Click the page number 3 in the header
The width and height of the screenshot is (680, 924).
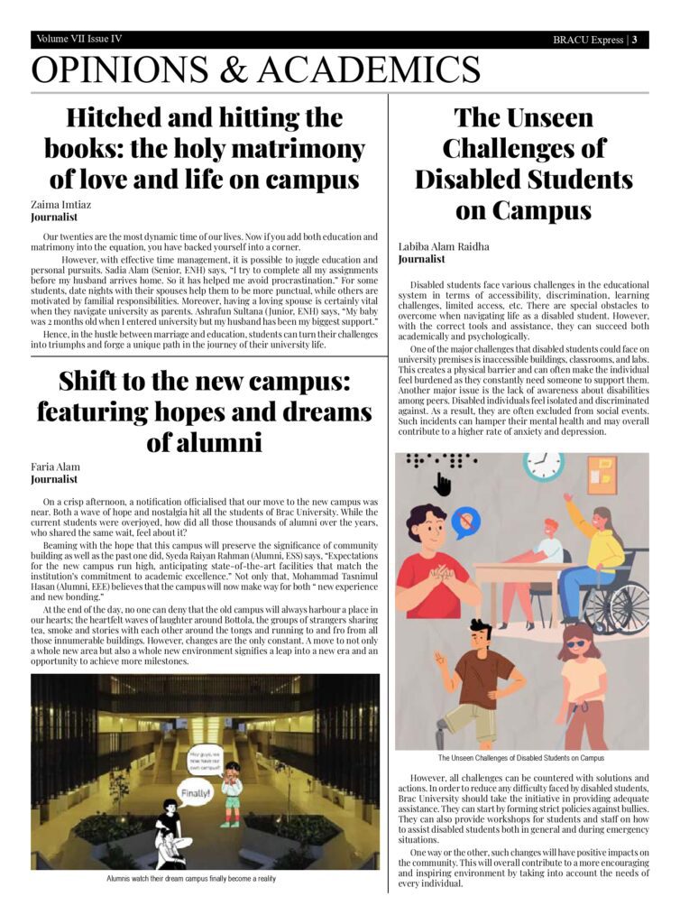pyautogui.click(x=635, y=40)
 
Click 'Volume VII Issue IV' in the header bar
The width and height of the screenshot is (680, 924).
pyautogui.click(x=79, y=40)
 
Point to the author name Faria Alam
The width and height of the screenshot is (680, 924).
pyautogui.click(x=56, y=467)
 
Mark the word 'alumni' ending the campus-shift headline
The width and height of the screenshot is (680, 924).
pyautogui.click(x=205, y=442)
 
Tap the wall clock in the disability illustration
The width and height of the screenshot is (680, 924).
pyautogui.click(x=543, y=467)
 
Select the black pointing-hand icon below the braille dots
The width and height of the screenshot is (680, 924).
pyautogui.click(x=442, y=485)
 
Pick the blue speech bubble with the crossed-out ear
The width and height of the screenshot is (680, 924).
pyautogui.click(x=465, y=522)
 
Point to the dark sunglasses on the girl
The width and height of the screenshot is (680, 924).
pyautogui.click(x=575, y=643)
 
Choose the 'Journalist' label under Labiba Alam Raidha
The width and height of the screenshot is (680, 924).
pyautogui.click(x=421, y=259)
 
